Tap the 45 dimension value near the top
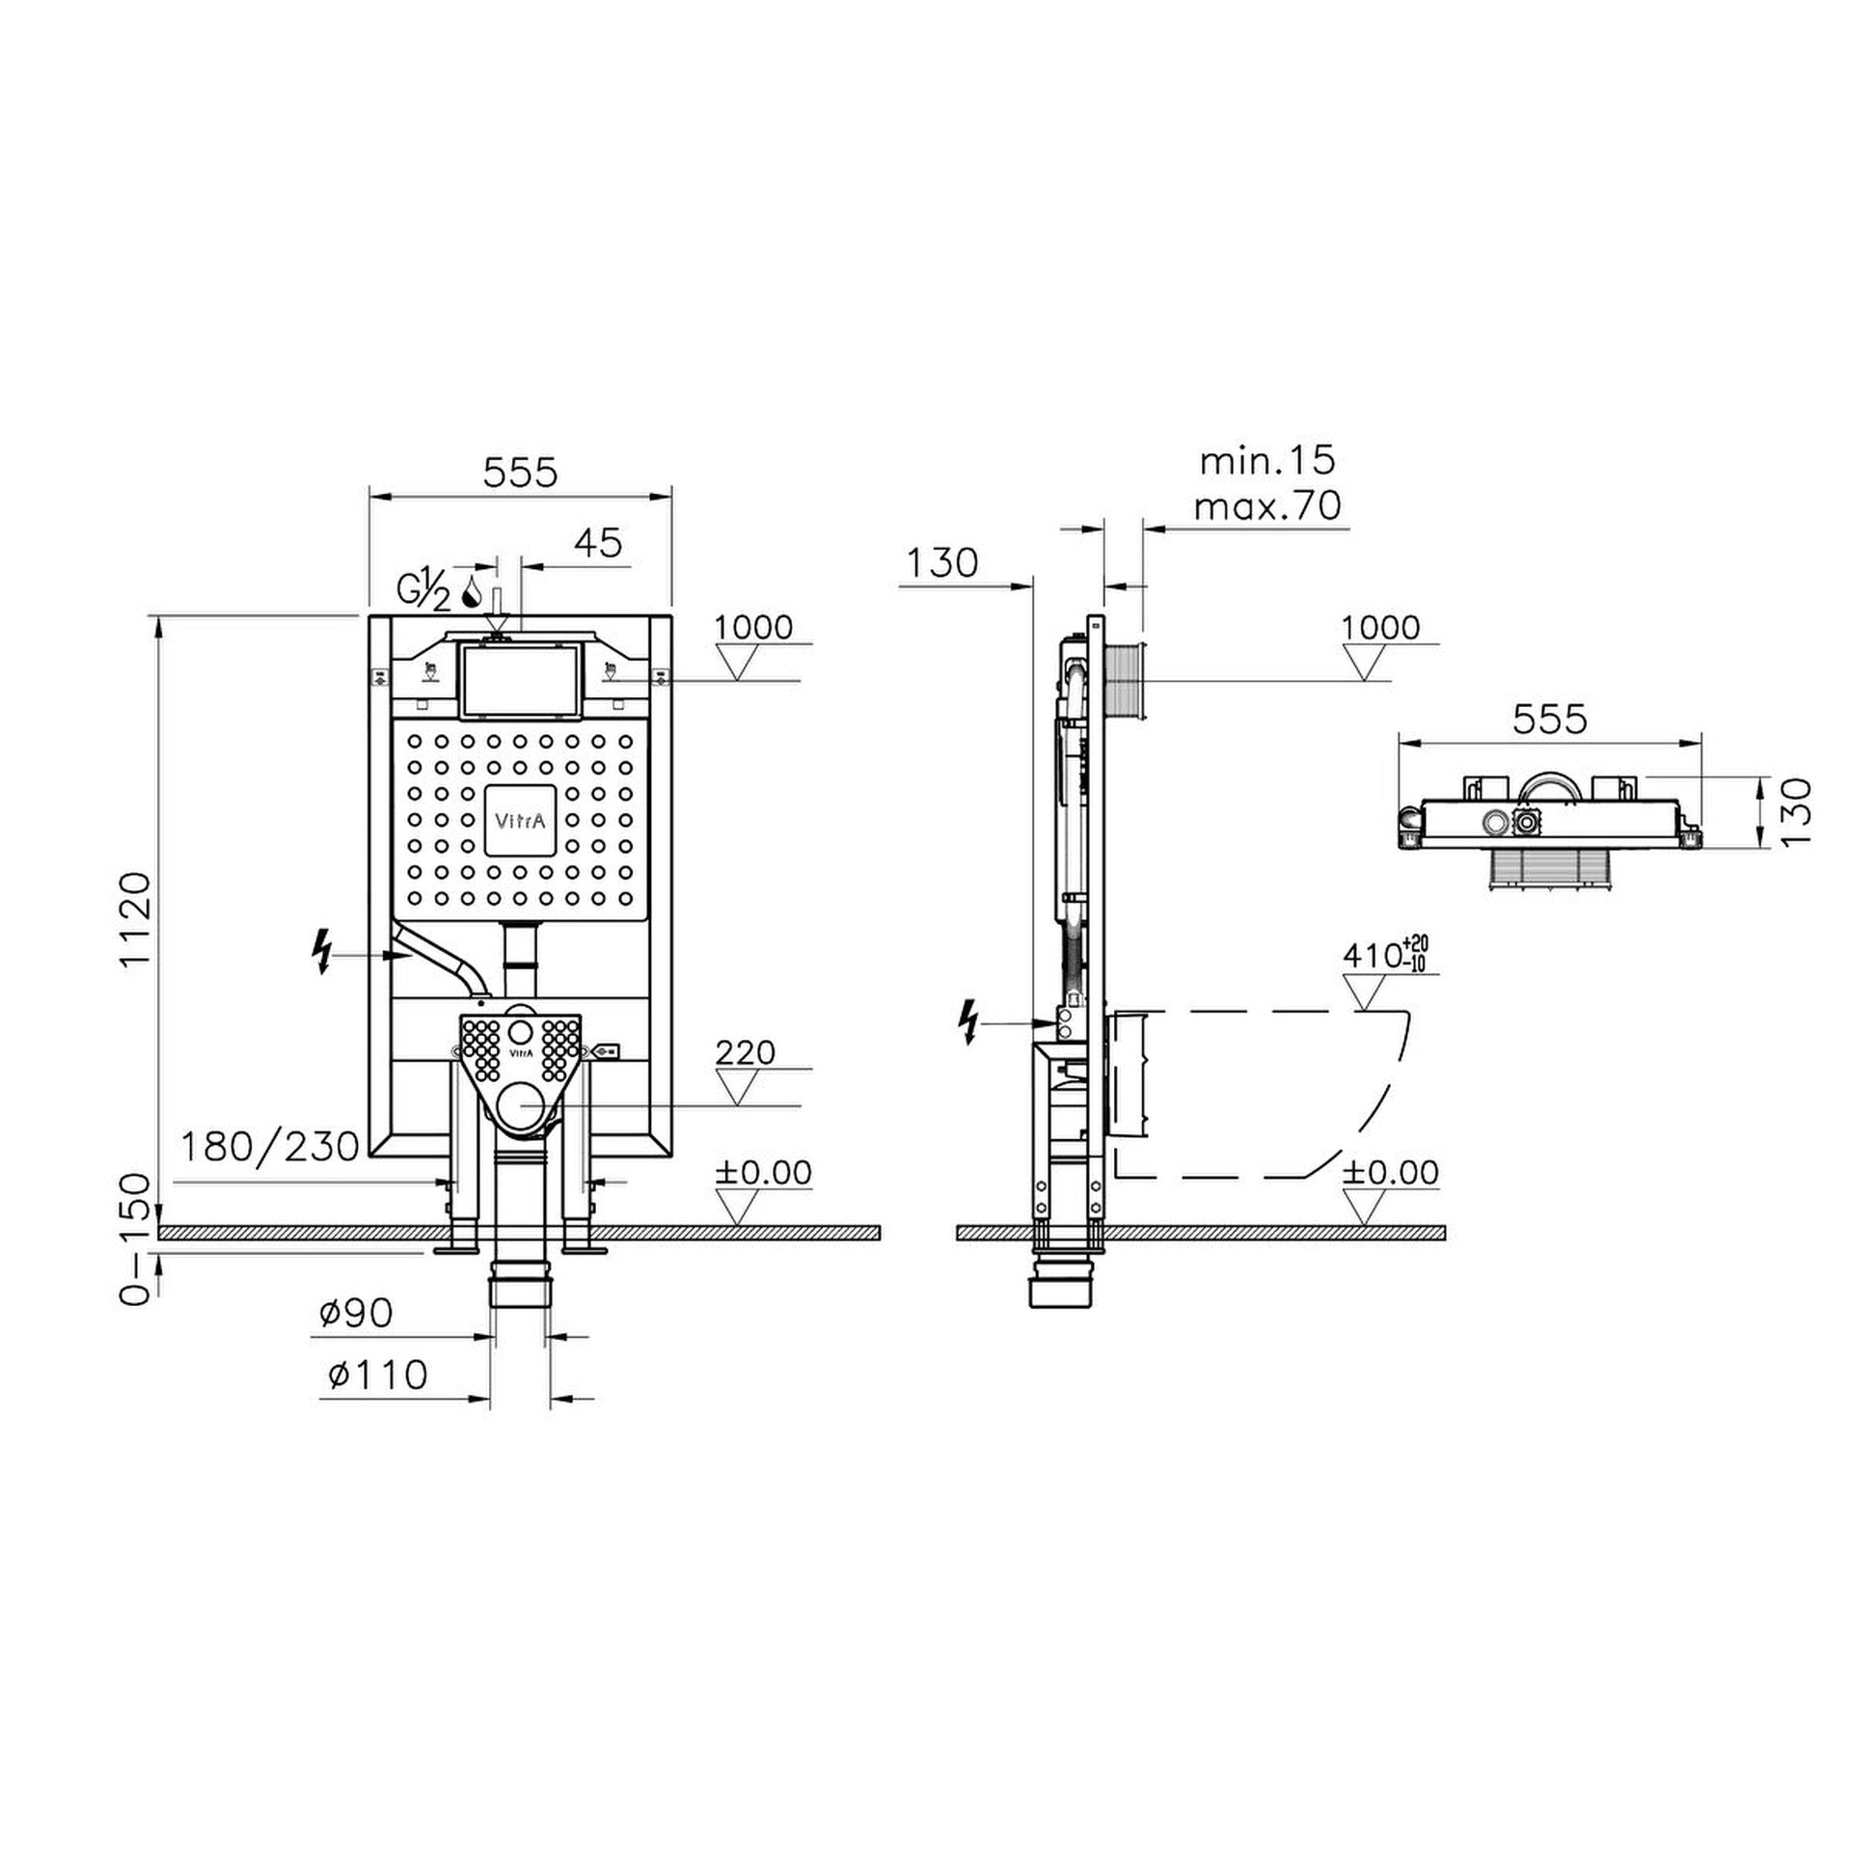(598, 543)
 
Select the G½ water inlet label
(423, 590)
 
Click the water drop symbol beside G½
(473, 592)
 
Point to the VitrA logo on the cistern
(520, 821)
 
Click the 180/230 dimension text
(271, 1146)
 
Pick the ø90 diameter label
(356, 1313)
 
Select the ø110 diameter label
(377, 1375)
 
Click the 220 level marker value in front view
(746, 1051)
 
